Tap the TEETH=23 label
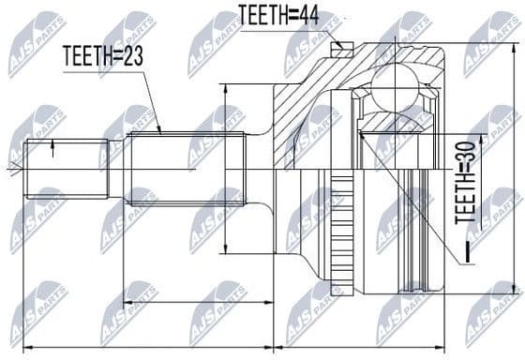pyautogui.click(x=102, y=56)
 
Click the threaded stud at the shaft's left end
pyautogui.click(x=66, y=169)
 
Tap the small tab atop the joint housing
pyautogui.click(x=343, y=50)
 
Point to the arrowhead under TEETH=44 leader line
pyautogui.click(x=337, y=43)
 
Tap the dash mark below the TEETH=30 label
pyautogui.click(x=463, y=252)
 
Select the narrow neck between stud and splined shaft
pyautogui.click(x=117, y=169)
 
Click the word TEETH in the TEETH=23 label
pyautogui.click(x=88, y=56)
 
